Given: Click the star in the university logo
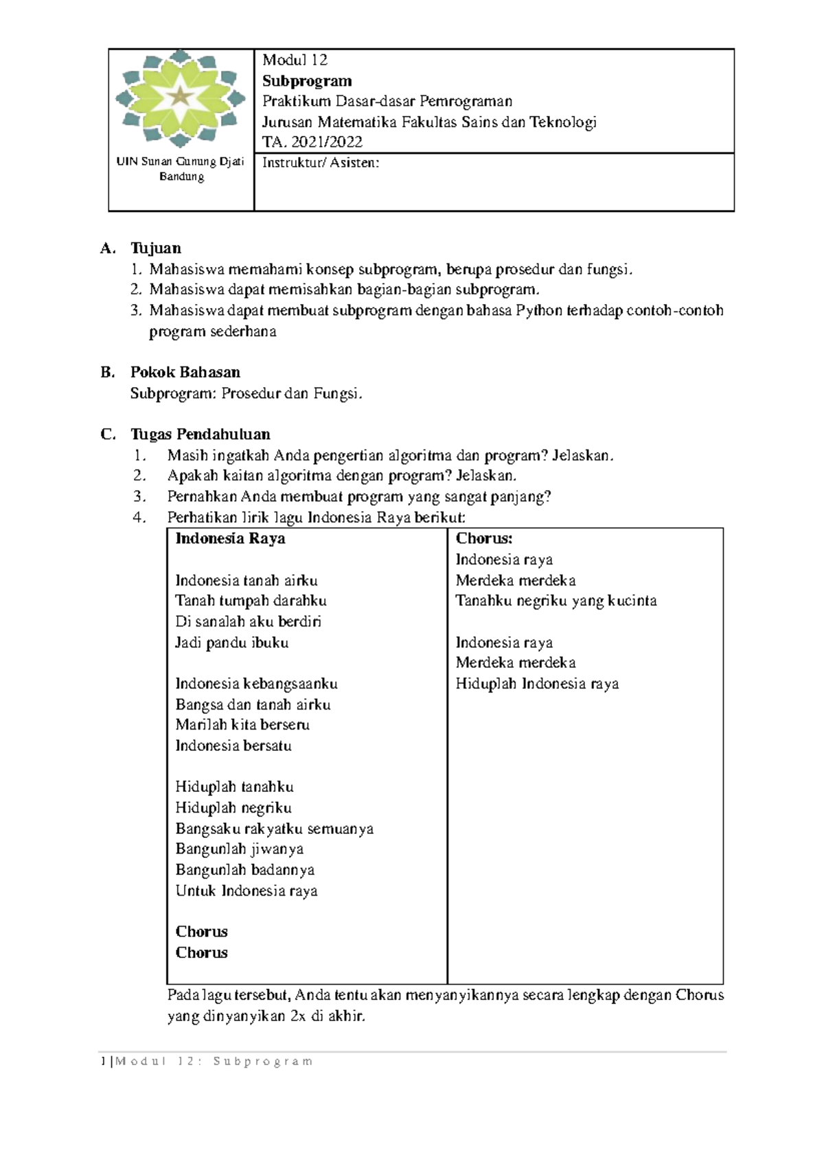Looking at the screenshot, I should tap(180, 96).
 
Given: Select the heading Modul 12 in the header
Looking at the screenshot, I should tap(295, 60).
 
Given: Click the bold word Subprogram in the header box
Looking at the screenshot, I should tap(307, 81).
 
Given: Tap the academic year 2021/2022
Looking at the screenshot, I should tap(327, 142).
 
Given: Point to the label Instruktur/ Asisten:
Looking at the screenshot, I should tap(320, 163).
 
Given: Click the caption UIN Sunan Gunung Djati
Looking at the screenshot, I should tap(181, 162).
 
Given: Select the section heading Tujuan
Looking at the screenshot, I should tap(156, 248).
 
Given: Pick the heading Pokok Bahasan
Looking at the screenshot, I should tap(185, 373).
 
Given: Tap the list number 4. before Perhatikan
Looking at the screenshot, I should tap(140, 517).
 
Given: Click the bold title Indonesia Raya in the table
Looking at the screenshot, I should tap(230, 539).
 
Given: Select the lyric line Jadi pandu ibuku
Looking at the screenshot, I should tap(231, 643).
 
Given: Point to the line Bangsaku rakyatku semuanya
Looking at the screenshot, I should tap(274, 829).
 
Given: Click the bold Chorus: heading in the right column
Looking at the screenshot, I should tap(484, 539).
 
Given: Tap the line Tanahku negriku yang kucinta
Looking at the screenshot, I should tap(556, 601).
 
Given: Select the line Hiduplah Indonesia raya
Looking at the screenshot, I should tap(537, 684).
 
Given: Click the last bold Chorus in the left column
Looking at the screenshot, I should tap(201, 953).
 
